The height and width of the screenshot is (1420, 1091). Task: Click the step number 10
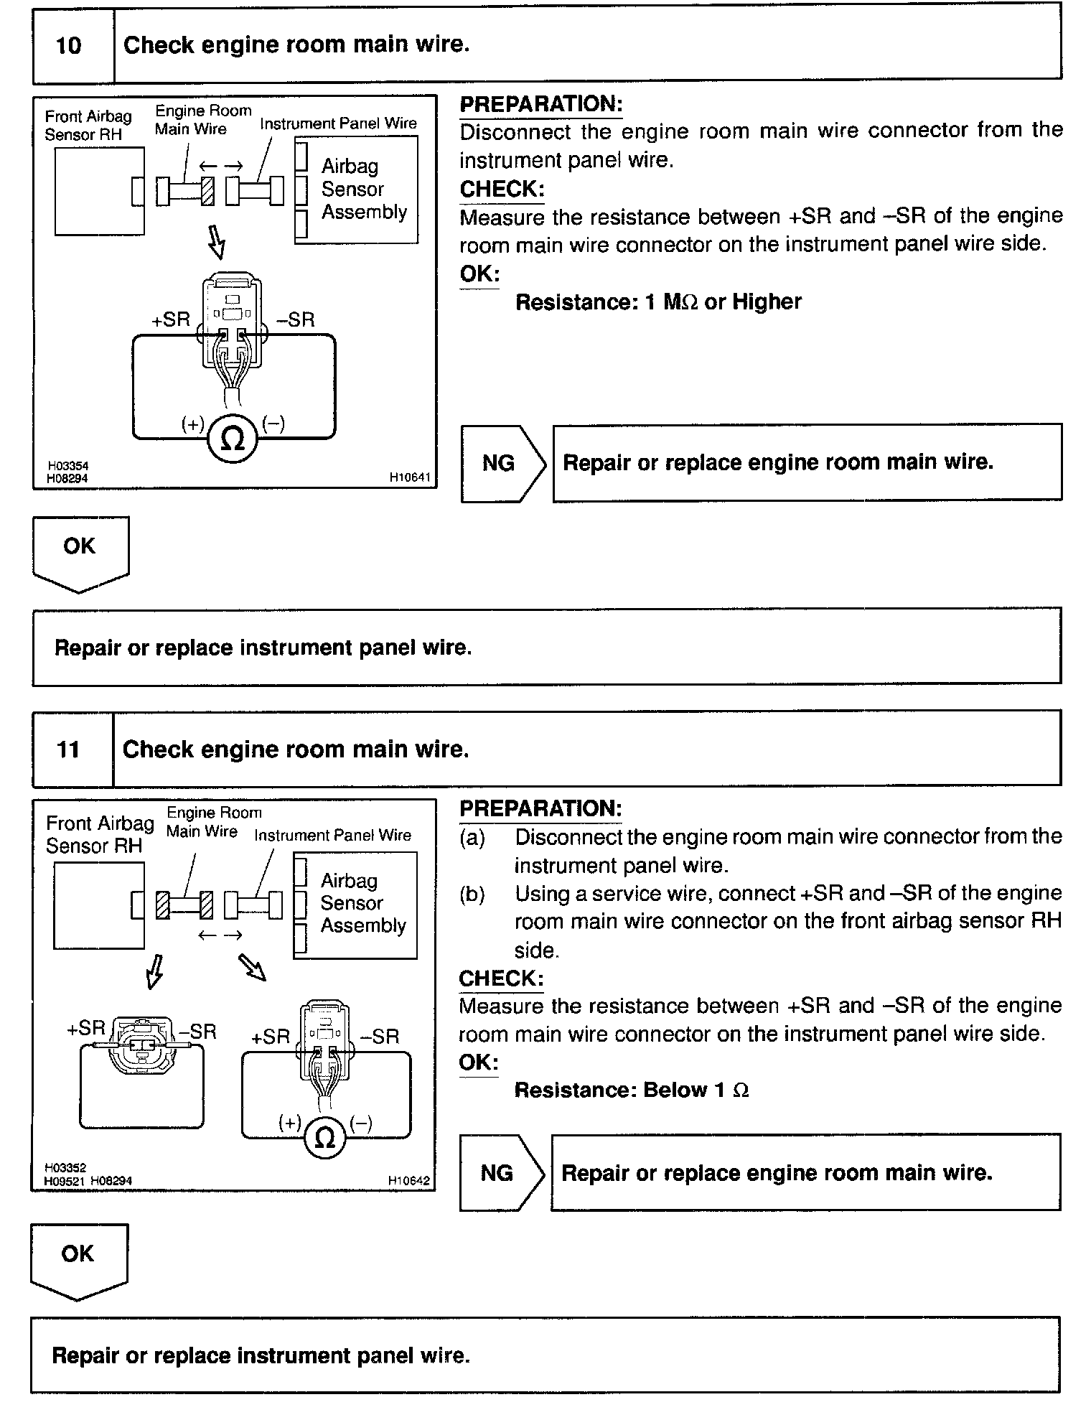tap(69, 46)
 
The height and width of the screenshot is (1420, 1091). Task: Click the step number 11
tap(68, 750)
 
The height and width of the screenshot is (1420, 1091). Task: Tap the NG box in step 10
tap(499, 463)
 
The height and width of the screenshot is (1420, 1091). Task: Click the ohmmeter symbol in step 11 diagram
tap(325, 1137)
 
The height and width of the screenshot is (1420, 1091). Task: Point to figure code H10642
tap(409, 1180)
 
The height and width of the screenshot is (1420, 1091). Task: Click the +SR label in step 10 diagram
tap(170, 320)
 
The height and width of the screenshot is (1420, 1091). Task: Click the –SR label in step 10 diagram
tap(296, 320)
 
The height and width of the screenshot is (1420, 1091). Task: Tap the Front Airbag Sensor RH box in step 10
tap(99, 191)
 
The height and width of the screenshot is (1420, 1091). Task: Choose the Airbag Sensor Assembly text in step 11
tap(363, 903)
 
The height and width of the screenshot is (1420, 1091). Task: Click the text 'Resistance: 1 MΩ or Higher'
tap(658, 302)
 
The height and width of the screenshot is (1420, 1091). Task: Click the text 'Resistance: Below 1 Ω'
tap(632, 1090)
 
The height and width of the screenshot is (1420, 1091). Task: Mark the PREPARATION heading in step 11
tap(540, 808)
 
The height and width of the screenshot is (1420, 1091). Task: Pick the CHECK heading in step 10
tap(502, 190)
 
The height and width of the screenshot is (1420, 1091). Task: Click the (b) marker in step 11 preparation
tap(472, 894)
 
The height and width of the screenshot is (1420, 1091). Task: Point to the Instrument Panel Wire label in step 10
tap(338, 123)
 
